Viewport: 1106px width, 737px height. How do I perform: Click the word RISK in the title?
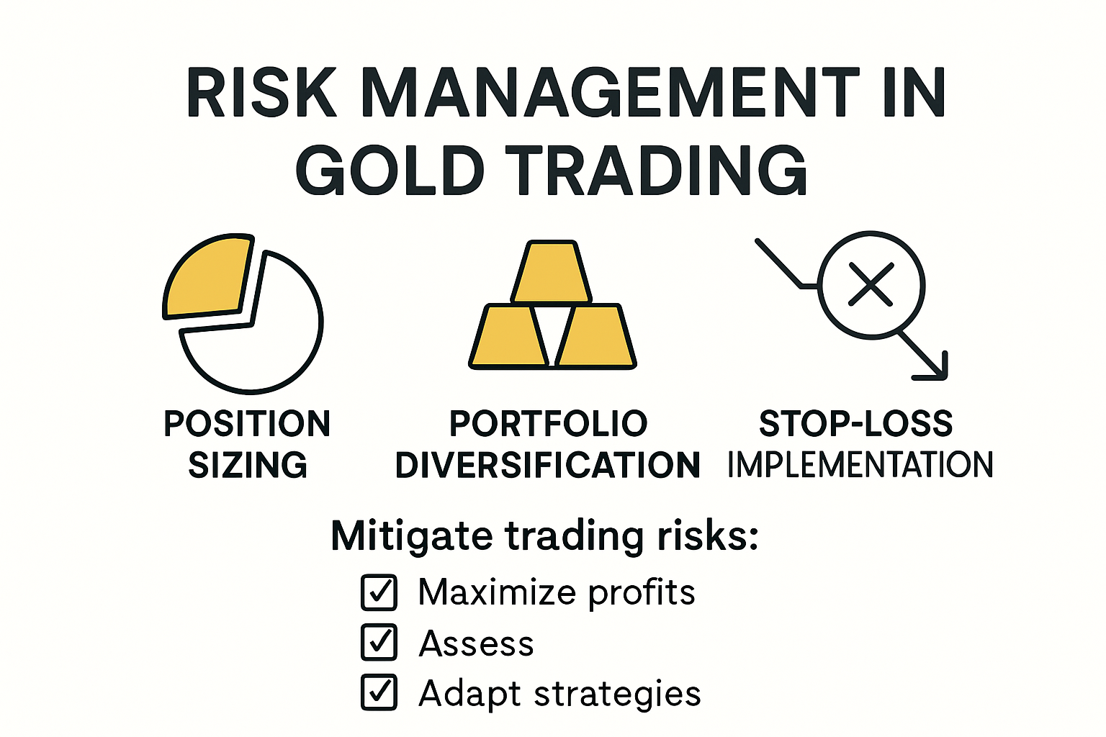261,92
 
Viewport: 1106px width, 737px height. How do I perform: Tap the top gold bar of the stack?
551,271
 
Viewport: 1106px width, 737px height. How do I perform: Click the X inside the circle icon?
871,284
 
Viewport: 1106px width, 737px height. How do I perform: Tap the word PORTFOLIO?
548,423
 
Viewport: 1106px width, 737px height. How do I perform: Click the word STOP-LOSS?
855,423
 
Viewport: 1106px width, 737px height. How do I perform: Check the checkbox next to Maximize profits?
379,592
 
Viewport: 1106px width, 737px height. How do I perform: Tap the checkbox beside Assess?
379,642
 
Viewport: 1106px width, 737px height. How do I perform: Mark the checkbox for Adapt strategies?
379,692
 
